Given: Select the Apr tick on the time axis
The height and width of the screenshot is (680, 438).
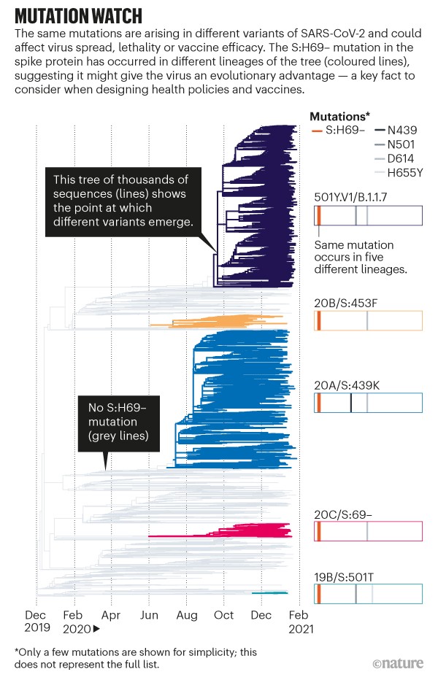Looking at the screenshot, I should click(x=112, y=615).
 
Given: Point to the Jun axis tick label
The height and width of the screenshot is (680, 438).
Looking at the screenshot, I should click(x=149, y=615).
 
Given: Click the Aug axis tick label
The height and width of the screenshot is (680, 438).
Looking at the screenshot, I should click(x=186, y=615).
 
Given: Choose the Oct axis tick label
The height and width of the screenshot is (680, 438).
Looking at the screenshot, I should click(x=224, y=615).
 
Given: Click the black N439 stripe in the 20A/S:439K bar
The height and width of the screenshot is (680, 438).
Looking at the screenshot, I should click(x=351, y=403).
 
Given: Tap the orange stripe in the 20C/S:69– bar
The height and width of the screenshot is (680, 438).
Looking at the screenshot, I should click(x=318, y=531).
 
